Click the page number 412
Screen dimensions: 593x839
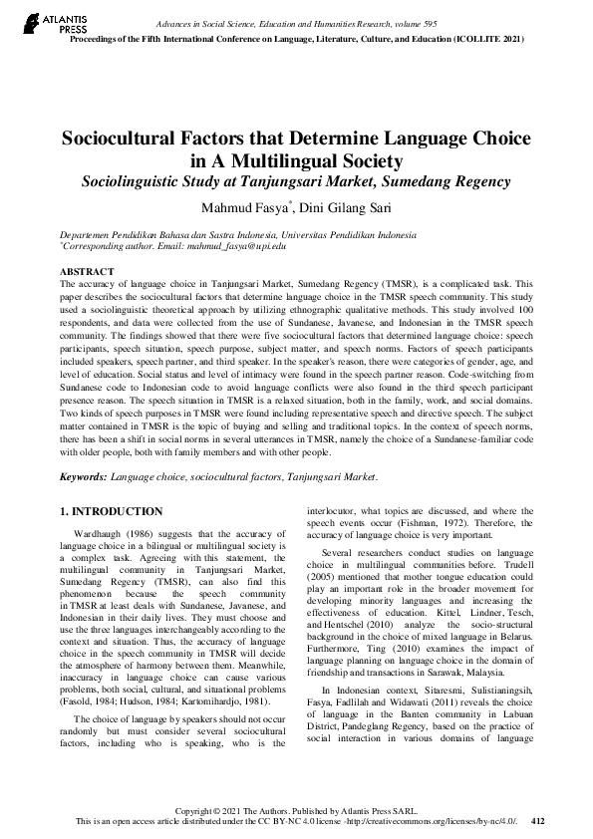pos(538,821)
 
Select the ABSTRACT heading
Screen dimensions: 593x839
pos(83,271)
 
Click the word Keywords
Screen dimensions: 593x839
pos(84,478)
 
